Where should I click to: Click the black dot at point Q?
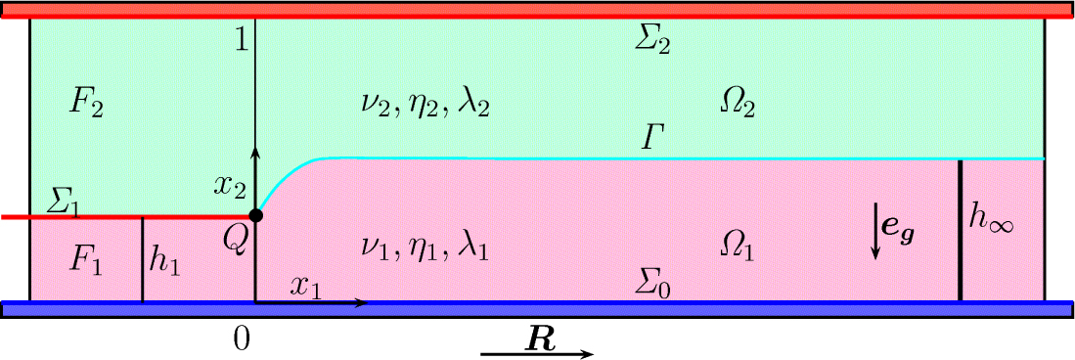coord(255,215)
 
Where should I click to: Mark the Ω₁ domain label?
coord(737,249)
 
